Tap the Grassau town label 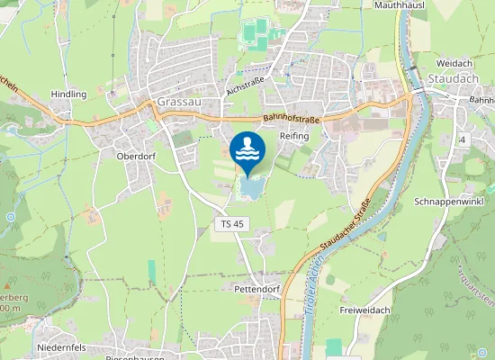point(176,102)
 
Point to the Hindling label point(69,94)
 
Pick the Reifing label point(294,135)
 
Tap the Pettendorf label point(256,290)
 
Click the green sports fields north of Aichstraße point(256,34)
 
